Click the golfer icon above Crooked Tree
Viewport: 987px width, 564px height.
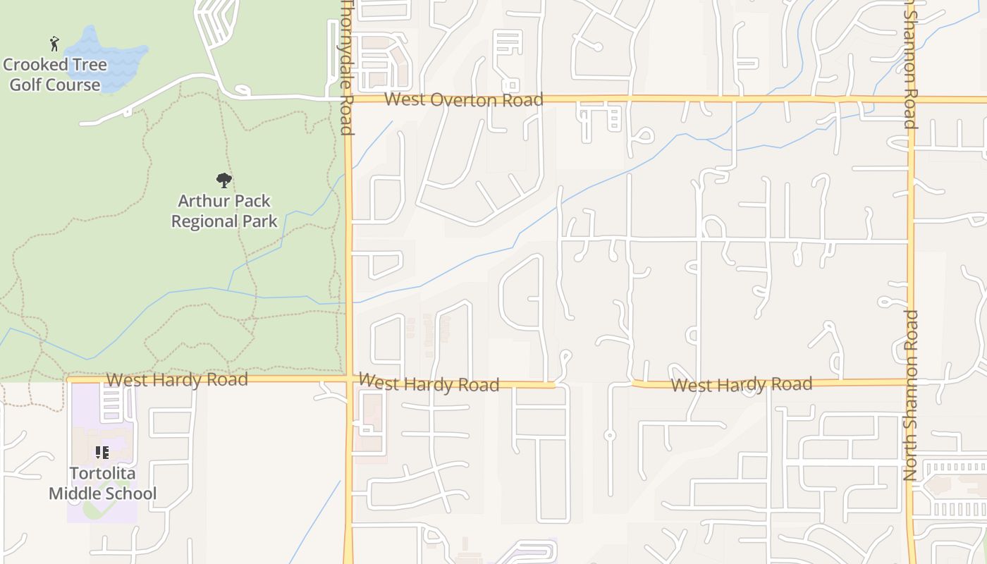coord(54,44)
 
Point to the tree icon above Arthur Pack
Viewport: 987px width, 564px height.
coord(224,180)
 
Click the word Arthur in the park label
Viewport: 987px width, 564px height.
coord(201,202)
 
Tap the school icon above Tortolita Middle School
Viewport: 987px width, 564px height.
coord(102,452)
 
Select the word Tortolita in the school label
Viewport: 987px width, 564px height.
coord(102,473)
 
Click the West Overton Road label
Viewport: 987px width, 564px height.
coord(463,100)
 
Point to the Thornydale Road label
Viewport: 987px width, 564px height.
coord(346,67)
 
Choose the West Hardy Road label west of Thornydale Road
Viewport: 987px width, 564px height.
coord(177,380)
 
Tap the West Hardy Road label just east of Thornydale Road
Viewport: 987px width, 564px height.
coord(429,384)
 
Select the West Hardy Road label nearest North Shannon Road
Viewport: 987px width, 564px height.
coord(741,385)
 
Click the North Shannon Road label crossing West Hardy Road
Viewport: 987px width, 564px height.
coord(910,395)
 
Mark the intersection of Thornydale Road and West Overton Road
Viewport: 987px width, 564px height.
coord(348,99)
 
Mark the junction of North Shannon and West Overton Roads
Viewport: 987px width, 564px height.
coord(910,99)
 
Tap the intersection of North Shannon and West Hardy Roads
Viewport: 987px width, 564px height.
coord(910,381)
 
